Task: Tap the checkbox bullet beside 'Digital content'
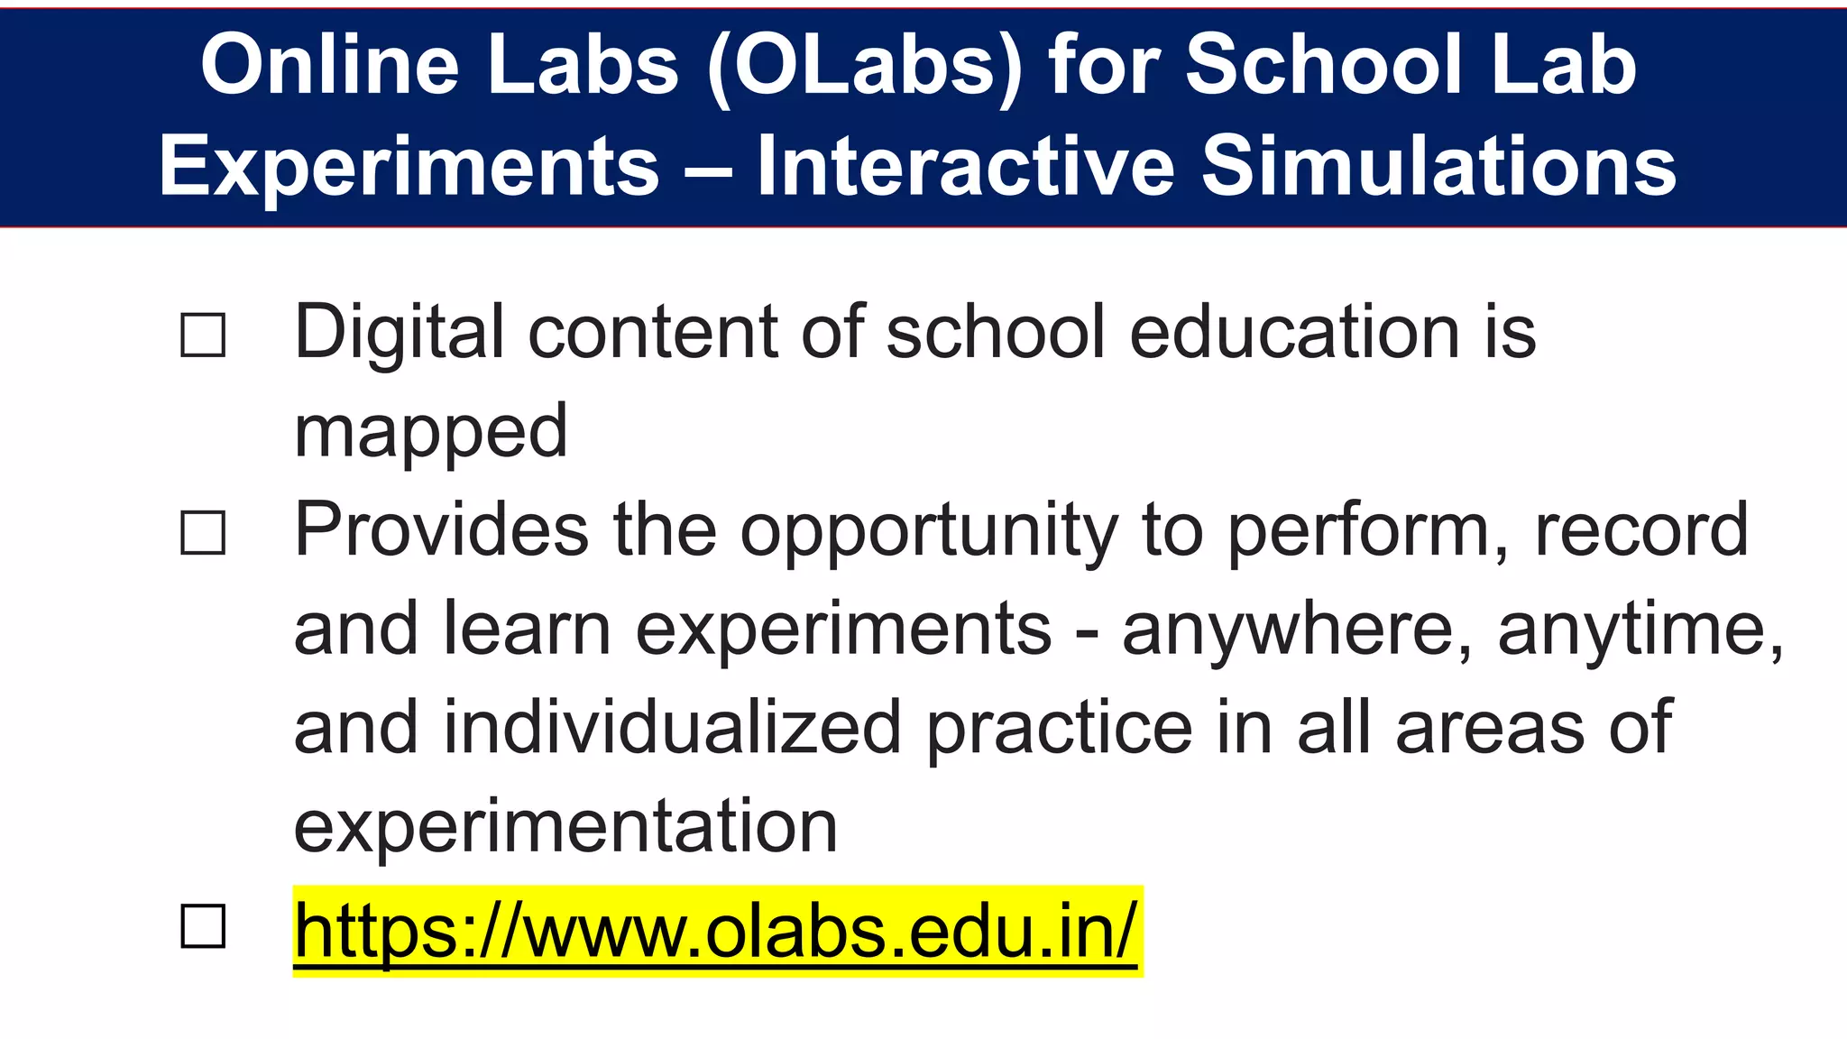click(x=203, y=336)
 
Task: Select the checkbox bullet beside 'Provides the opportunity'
click(x=203, y=532)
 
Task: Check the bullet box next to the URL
click(x=203, y=926)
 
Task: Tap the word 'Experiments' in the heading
click(x=409, y=167)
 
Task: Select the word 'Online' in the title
click(x=330, y=65)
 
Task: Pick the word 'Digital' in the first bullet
click(x=399, y=333)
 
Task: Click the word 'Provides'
click(x=442, y=530)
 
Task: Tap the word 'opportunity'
click(x=929, y=532)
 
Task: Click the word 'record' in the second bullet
click(x=1641, y=530)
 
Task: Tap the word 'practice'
click(x=1060, y=729)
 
